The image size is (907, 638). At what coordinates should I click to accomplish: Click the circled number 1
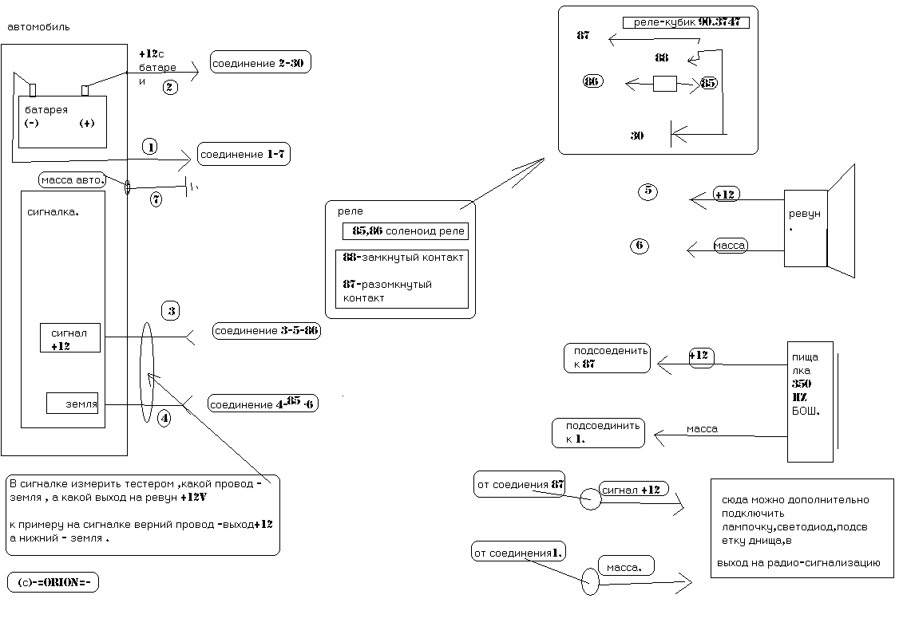tap(149, 147)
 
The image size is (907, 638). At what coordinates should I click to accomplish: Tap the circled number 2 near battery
tap(170, 88)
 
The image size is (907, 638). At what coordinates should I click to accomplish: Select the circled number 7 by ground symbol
tap(156, 199)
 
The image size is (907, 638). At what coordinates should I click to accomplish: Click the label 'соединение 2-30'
tap(260, 62)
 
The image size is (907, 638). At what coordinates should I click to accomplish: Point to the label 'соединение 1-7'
tap(243, 154)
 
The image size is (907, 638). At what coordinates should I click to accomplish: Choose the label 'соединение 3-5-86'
tap(267, 330)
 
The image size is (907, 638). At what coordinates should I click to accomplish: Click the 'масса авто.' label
tap(73, 179)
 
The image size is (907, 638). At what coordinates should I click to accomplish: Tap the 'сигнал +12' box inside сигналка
tap(70, 337)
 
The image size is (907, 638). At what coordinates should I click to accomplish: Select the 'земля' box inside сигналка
tap(73, 404)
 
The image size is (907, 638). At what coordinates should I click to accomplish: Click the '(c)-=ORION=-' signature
tap(53, 582)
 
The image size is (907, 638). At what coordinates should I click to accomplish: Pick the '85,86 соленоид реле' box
tap(405, 230)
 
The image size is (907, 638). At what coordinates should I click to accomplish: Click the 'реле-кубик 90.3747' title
tap(686, 22)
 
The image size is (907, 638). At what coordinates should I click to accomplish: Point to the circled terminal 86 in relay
tap(592, 81)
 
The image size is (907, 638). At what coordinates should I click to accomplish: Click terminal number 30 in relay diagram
tap(637, 136)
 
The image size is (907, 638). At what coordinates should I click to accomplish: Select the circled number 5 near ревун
tap(648, 191)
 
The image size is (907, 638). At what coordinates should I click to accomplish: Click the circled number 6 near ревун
tap(639, 246)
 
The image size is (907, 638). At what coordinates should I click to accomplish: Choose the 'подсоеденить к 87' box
tap(607, 357)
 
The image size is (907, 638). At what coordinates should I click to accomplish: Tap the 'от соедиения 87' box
tap(520, 484)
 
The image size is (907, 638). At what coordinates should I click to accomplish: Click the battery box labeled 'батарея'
tap(62, 121)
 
